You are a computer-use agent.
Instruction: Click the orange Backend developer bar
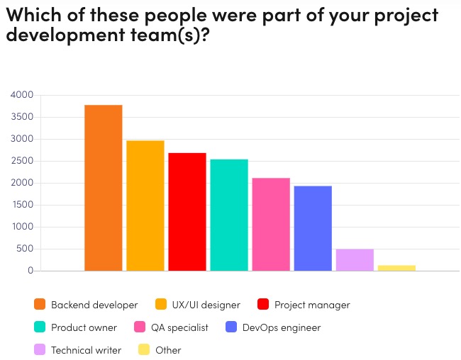pos(104,188)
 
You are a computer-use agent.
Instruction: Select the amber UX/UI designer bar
pos(145,206)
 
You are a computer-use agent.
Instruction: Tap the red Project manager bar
pos(187,212)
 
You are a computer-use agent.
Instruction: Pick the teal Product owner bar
pos(229,215)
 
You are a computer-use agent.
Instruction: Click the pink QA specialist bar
pos(271,224)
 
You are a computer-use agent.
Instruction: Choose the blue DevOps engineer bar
pos(313,228)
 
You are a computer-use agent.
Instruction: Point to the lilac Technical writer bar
pos(355,259)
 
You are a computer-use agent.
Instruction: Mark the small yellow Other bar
pos(396,268)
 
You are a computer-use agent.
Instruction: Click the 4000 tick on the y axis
pos(22,95)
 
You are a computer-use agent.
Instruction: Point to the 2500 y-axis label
pos(22,161)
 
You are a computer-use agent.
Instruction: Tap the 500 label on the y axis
pos(25,249)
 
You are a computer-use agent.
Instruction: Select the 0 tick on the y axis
pos(30,271)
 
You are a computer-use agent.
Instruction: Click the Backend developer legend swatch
pos(40,305)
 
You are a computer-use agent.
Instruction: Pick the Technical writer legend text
pos(86,350)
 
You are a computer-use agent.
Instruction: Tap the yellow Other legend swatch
pos(144,350)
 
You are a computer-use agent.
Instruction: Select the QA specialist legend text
pos(179,327)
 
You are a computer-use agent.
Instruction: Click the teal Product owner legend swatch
pos(40,327)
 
